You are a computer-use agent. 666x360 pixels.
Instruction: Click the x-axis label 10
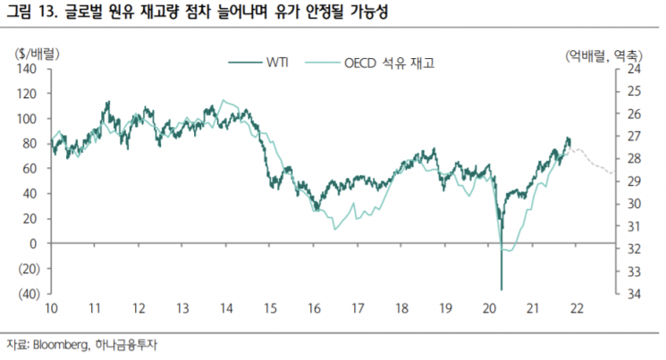point(52,308)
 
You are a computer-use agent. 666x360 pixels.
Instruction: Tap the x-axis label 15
point(269,308)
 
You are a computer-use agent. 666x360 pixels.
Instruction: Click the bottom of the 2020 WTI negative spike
point(501,288)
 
